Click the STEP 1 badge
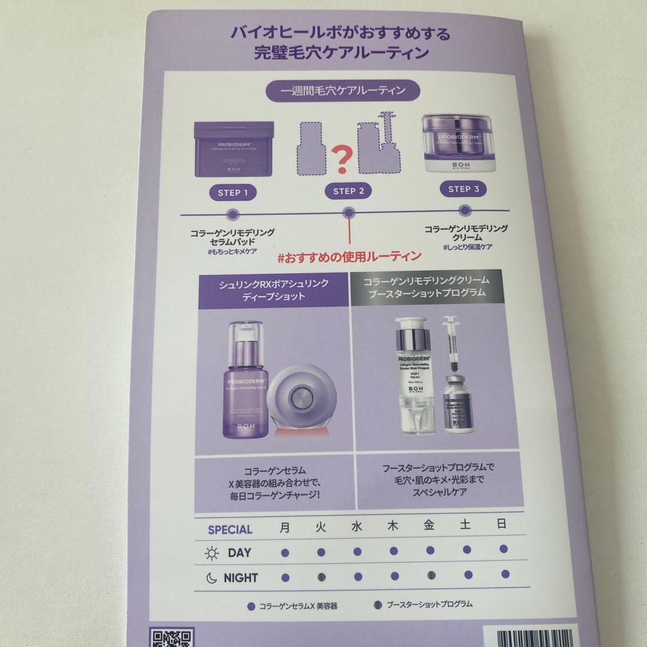point(234,193)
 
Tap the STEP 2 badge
point(348,191)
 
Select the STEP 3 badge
point(464,189)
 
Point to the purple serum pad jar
point(234,150)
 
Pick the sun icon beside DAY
point(211,553)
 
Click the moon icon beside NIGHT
point(211,578)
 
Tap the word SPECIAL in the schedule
point(230,530)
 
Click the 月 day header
point(285,527)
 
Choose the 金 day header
point(429,525)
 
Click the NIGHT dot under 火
point(321,577)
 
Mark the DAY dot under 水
point(358,552)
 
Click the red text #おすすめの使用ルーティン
point(349,256)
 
